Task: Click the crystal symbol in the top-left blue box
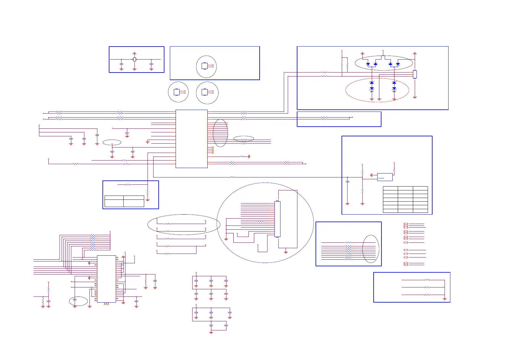coord(135,60)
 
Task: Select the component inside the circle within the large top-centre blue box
coord(205,66)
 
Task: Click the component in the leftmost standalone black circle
coord(177,92)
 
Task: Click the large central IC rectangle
coord(191,139)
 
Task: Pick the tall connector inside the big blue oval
coord(277,219)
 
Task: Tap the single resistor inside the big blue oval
coord(261,222)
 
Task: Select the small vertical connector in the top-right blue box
coord(415,74)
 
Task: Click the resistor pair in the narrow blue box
coord(324,118)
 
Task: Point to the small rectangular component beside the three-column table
coord(385,177)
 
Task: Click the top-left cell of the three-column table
coord(390,188)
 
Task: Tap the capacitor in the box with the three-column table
coord(347,181)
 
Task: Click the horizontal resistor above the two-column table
coord(128,184)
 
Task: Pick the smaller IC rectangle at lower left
coord(106,279)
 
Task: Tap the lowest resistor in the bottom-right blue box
coord(426,295)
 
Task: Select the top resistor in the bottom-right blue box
coord(426,280)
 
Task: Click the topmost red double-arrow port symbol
coord(406,224)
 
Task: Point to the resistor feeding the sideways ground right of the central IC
coord(242,157)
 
